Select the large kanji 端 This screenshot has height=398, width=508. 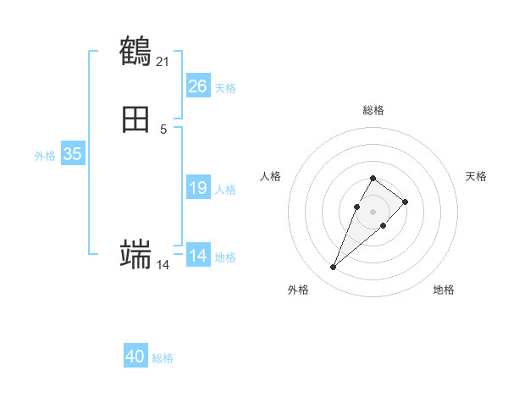[135, 254]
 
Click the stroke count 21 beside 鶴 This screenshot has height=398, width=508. [163, 61]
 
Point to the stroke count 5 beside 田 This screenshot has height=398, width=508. [163, 129]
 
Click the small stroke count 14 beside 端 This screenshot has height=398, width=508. [163, 265]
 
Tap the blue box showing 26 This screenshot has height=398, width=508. [197, 86]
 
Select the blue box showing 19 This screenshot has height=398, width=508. [197, 188]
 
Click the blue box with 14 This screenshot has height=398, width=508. [197, 256]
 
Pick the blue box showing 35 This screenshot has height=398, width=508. [72, 154]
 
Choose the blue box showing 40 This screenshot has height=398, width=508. [135, 357]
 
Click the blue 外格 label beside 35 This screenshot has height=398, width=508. [45, 156]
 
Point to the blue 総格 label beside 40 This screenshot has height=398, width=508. [163, 358]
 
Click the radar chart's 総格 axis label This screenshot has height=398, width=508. [373, 110]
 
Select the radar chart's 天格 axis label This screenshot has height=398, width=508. [476, 176]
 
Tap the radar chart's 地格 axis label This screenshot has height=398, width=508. [444, 290]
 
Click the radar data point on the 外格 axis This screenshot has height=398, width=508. [333, 268]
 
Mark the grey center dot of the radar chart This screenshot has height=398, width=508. [373, 211]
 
